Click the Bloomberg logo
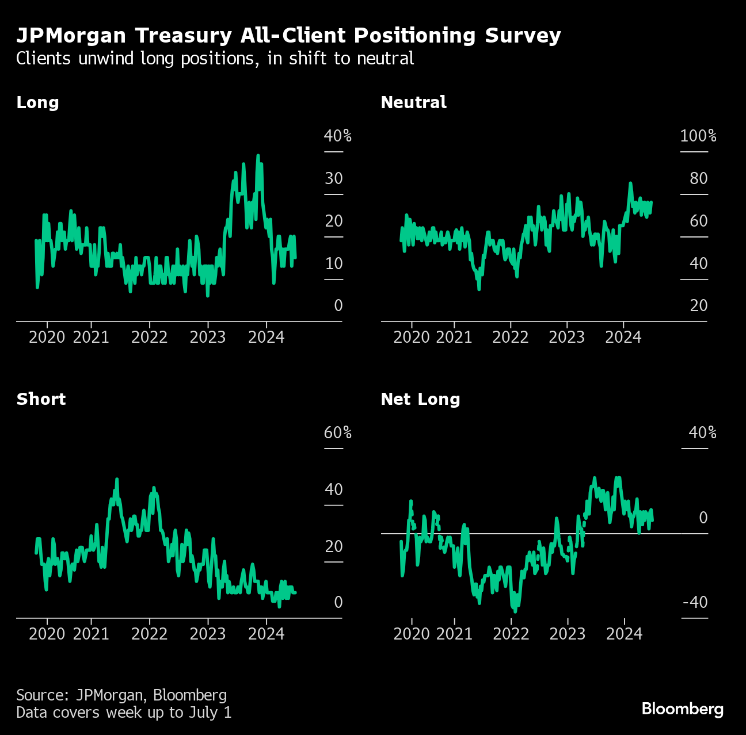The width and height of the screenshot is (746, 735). (x=682, y=709)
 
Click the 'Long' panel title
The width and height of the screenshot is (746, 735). (x=37, y=102)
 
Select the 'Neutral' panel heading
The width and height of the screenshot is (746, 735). (x=413, y=102)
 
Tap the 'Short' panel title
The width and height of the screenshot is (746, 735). (x=41, y=399)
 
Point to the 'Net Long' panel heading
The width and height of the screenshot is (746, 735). (x=420, y=399)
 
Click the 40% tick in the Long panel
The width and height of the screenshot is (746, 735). (x=337, y=136)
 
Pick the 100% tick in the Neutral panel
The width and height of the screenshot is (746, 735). (x=698, y=136)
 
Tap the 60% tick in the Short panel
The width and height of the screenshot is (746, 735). (x=337, y=432)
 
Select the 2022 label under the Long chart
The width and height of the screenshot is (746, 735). (x=149, y=337)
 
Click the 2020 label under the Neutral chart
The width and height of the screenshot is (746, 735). (x=411, y=337)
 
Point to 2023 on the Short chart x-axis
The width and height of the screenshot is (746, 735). (x=207, y=634)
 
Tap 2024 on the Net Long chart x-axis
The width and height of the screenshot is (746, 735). (x=624, y=634)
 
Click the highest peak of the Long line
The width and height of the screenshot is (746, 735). (x=258, y=156)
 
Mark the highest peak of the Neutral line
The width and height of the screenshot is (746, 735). (x=630, y=183)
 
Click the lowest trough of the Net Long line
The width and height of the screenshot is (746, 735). (x=515, y=610)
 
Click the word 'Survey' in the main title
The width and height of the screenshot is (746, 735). (x=523, y=36)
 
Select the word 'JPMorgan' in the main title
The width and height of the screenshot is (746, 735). (x=71, y=36)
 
